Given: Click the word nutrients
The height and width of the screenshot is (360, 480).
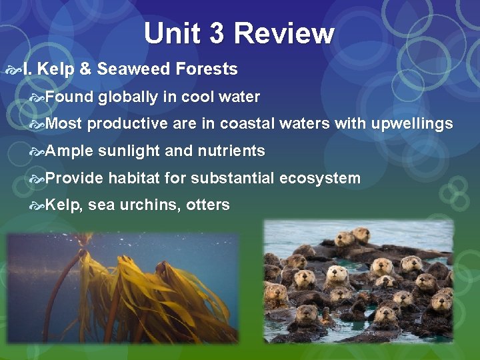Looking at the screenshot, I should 231,151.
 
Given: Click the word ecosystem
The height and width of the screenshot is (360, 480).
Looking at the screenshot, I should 320,179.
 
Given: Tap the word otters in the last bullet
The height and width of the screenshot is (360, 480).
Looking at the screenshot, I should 208,205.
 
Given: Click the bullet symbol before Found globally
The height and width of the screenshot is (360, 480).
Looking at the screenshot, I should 37,98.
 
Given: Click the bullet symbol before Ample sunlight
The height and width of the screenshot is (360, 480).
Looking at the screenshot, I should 37,152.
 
